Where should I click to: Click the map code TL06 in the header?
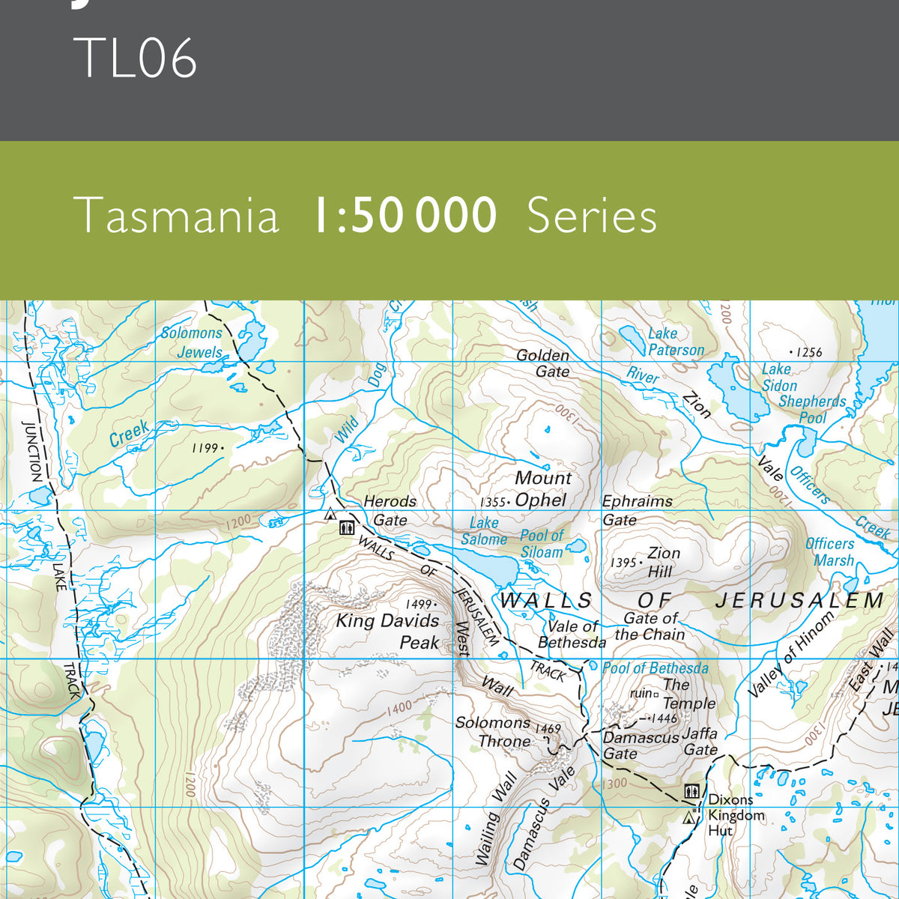(x=136, y=58)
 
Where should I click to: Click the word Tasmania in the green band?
(x=177, y=216)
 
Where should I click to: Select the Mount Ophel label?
(x=542, y=489)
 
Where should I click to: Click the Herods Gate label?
(x=390, y=510)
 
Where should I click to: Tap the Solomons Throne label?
(x=494, y=732)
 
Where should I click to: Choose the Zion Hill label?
(x=662, y=562)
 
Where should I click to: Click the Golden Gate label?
(x=544, y=363)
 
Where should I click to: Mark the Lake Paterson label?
(x=674, y=342)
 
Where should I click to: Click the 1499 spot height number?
(x=418, y=604)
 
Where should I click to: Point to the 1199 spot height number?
(x=205, y=448)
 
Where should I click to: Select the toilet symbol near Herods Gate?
(x=346, y=527)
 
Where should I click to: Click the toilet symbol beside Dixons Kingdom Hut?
(x=691, y=790)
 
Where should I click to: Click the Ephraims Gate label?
(x=637, y=510)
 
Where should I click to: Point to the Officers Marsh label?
(x=830, y=552)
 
